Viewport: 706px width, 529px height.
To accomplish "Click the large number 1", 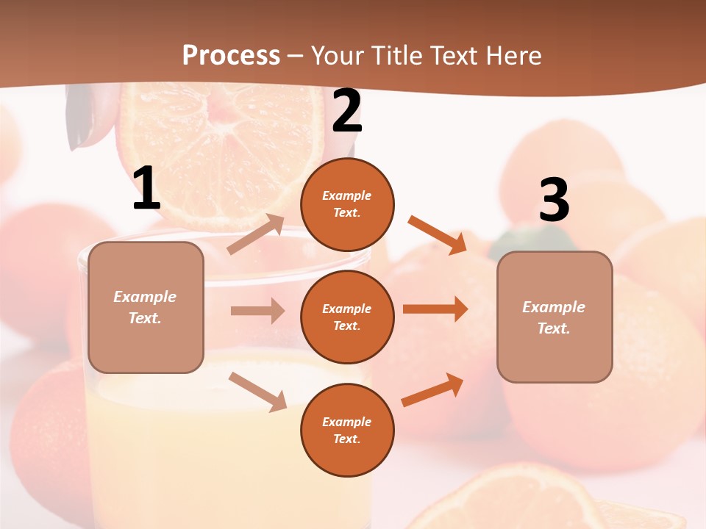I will coord(146,190).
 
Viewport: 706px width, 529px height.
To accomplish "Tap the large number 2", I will coord(347,112).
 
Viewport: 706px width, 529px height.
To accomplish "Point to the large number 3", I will coord(554,201).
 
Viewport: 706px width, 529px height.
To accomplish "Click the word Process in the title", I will coord(231,55).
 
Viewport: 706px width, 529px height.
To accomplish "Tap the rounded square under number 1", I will coord(146,307).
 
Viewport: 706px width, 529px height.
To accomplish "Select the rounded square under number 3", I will coord(555,317).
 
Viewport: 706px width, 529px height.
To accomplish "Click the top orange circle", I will coord(347,204).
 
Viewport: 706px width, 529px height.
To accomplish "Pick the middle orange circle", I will coord(347,317).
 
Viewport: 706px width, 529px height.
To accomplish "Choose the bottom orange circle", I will coord(347,430).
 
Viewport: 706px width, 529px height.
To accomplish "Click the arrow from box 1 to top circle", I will coord(256,234).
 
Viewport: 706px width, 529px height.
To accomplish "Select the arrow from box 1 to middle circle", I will coord(257,311).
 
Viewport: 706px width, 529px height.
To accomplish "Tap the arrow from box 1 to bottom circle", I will coord(257,392).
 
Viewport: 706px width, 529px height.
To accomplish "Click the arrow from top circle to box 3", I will coord(438,235).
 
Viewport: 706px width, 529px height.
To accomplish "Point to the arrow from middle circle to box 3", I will coord(435,309).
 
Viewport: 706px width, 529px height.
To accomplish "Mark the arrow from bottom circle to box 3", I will coord(432,389).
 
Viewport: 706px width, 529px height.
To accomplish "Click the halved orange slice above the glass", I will coord(221,147).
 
